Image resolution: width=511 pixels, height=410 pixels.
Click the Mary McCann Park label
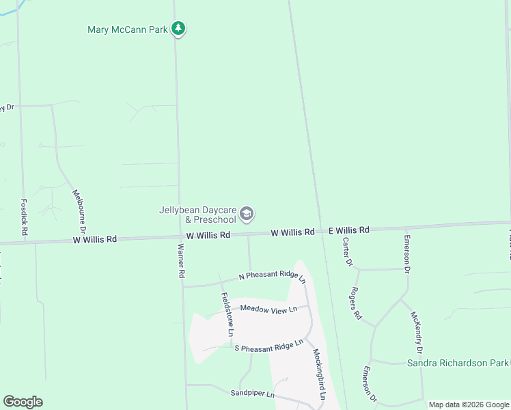128,29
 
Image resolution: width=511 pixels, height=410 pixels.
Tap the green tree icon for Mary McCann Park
178,29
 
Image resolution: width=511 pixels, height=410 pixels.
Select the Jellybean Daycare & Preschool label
197,215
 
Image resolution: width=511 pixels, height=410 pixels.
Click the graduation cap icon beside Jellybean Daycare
247,215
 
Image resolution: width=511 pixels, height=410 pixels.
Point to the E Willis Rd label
348,231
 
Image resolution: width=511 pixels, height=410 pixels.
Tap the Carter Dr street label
348,252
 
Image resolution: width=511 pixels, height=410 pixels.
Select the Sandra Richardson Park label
458,363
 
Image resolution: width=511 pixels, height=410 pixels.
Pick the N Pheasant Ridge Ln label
272,275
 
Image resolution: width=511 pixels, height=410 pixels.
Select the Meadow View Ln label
268,309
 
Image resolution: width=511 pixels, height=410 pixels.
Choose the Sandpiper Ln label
252,394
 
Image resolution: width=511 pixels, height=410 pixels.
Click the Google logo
23,402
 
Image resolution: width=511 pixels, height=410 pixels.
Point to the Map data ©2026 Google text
469,405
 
